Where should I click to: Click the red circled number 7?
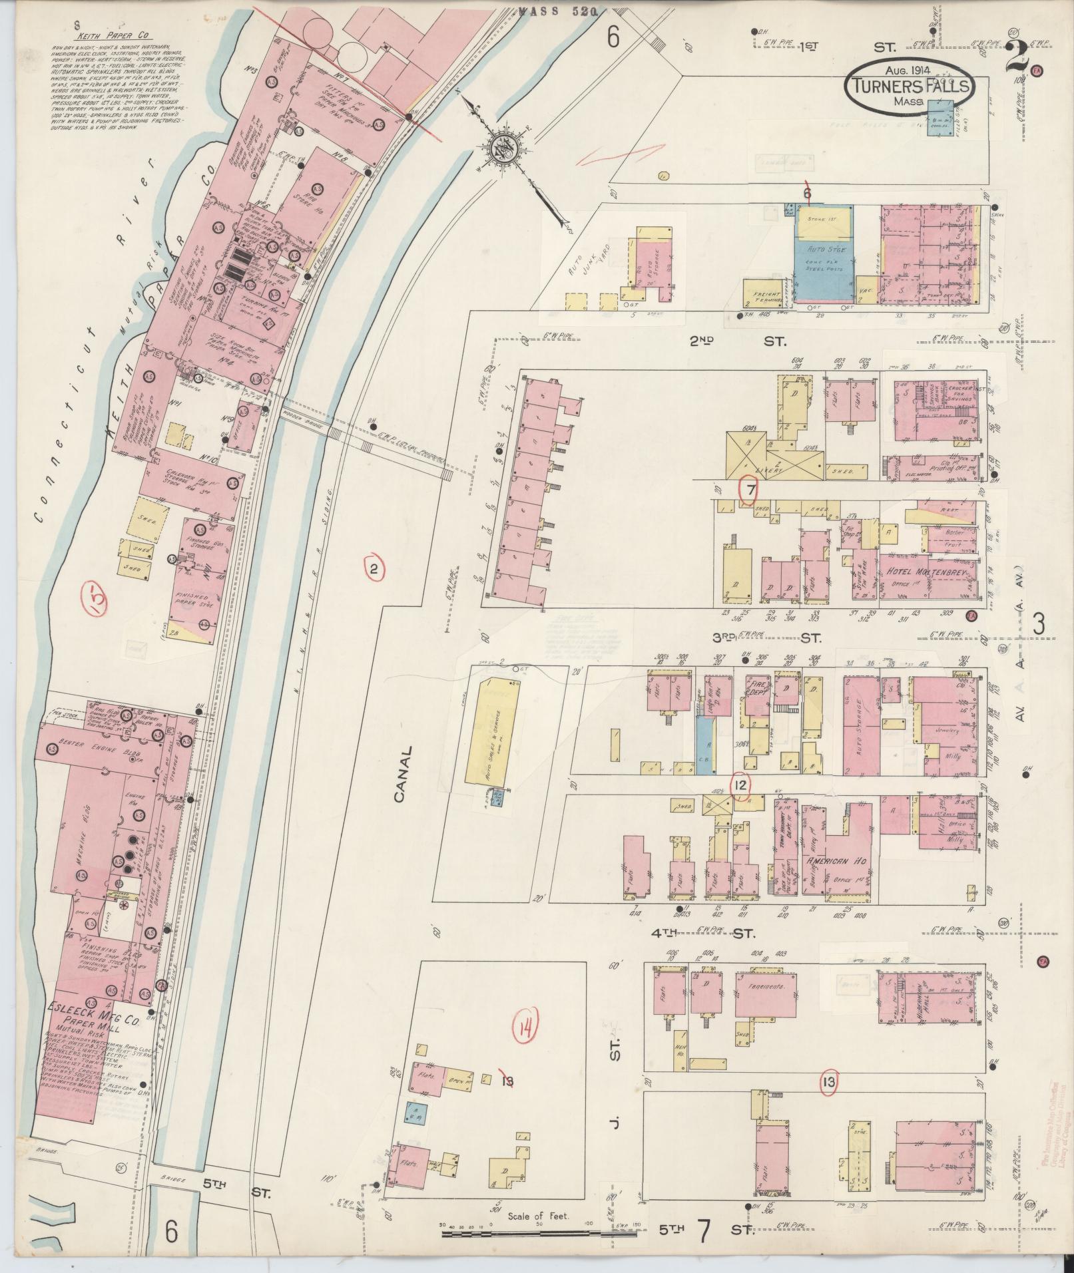point(749,490)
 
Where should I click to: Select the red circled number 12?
point(740,786)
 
